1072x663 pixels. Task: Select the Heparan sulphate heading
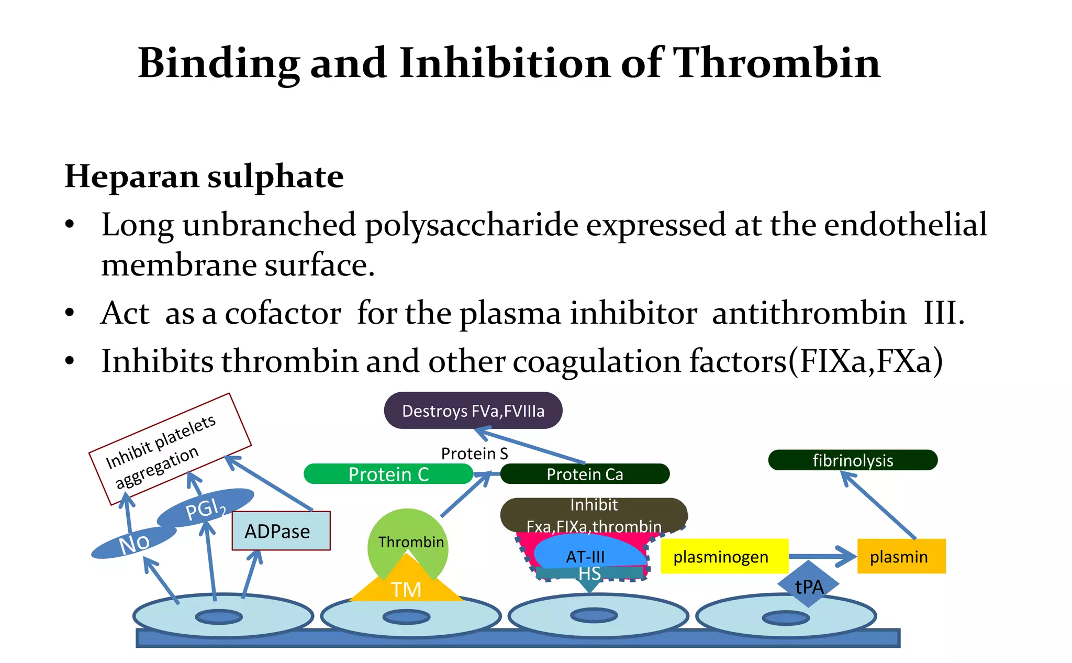(x=204, y=176)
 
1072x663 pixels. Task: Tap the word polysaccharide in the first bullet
(x=471, y=225)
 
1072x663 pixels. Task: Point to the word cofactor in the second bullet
(x=283, y=314)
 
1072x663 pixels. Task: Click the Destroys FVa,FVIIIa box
(x=473, y=411)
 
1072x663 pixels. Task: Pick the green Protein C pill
(x=388, y=474)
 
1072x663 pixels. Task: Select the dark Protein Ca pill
(x=585, y=474)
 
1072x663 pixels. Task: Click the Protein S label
(x=474, y=454)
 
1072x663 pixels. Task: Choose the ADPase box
(x=281, y=531)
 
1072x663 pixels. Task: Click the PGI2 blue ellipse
(x=206, y=507)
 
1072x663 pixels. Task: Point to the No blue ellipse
(x=134, y=543)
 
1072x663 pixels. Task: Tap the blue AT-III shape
(x=586, y=555)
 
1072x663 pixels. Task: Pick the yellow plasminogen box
(x=723, y=556)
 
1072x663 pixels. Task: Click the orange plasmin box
(x=901, y=556)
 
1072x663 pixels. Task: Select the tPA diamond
(x=809, y=585)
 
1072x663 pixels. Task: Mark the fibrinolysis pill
(x=852, y=460)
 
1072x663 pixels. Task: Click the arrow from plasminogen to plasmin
(x=822, y=556)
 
